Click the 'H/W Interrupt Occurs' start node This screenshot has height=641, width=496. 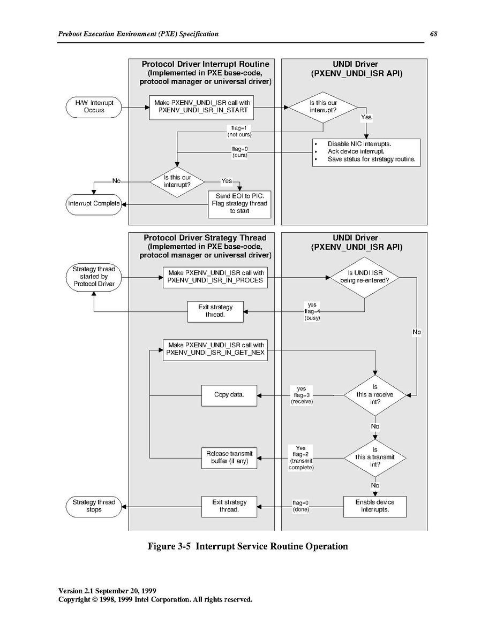click(94, 107)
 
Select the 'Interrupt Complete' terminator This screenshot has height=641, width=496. click(94, 204)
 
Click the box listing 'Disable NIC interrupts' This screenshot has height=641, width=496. click(366, 152)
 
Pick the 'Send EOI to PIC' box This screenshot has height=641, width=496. click(239, 204)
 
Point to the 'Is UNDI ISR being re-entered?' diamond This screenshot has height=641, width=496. click(365, 278)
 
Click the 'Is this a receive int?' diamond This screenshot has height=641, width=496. click(375, 395)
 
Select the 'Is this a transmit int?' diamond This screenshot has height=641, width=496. click(375, 458)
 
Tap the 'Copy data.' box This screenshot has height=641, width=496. click(229, 395)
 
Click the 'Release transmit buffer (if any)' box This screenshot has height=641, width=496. click(229, 458)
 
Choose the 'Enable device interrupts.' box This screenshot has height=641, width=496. click(375, 507)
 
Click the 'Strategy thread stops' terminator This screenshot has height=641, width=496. click(94, 507)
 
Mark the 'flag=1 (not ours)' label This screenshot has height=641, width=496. click(239, 131)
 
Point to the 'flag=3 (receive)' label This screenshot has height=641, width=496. click(302, 395)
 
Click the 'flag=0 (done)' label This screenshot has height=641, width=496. click(301, 506)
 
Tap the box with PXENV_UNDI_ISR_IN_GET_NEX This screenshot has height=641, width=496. click(215, 350)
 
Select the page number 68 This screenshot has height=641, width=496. click(433, 34)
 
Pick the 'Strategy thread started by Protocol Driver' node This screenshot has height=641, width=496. click(94, 277)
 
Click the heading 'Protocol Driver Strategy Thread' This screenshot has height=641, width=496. click(205, 238)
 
